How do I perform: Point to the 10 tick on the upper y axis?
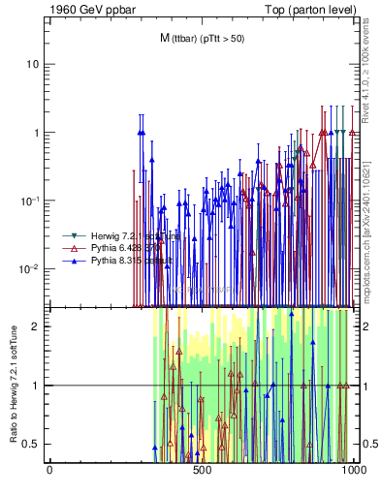(33, 64)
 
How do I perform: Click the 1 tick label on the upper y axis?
(36, 133)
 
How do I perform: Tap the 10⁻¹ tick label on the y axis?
(30, 201)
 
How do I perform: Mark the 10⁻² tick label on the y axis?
(30, 268)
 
